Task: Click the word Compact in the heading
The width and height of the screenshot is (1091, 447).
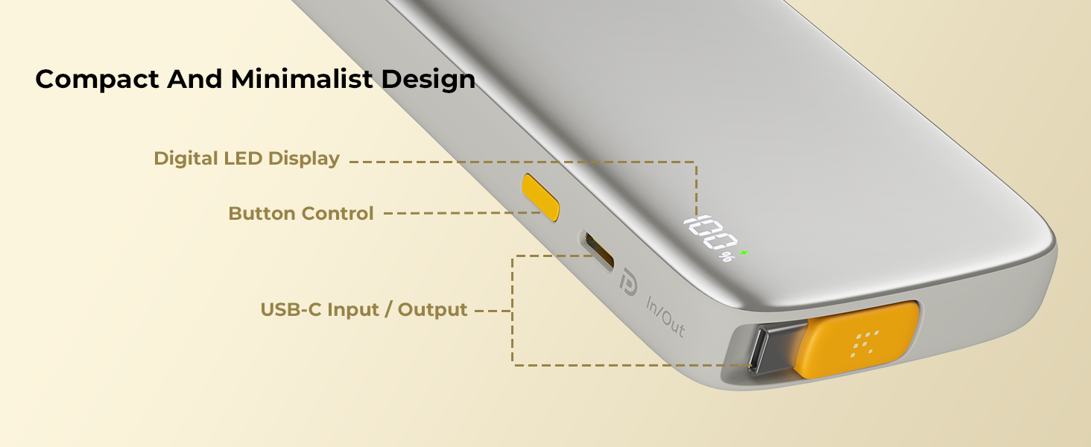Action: point(98,80)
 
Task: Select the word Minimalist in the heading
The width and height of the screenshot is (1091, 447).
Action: point(302,79)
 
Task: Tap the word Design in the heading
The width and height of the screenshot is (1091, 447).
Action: point(428,80)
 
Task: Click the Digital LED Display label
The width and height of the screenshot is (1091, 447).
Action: point(247,159)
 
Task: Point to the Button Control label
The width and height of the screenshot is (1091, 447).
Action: point(301,213)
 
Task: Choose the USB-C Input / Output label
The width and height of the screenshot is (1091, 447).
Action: point(364,310)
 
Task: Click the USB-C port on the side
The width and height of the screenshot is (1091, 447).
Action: point(599,251)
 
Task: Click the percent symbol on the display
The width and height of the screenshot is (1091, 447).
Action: point(727,256)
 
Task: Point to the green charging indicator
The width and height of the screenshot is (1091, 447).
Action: point(744,253)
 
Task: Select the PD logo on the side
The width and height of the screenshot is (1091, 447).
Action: point(628,282)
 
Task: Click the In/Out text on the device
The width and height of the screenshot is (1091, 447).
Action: point(665,317)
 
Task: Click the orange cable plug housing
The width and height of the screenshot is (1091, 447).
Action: point(857,340)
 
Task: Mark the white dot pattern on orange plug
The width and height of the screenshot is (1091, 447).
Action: point(864,343)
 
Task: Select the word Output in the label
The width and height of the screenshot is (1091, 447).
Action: point(432,310)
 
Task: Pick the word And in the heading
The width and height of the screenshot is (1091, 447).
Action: point(195,79)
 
